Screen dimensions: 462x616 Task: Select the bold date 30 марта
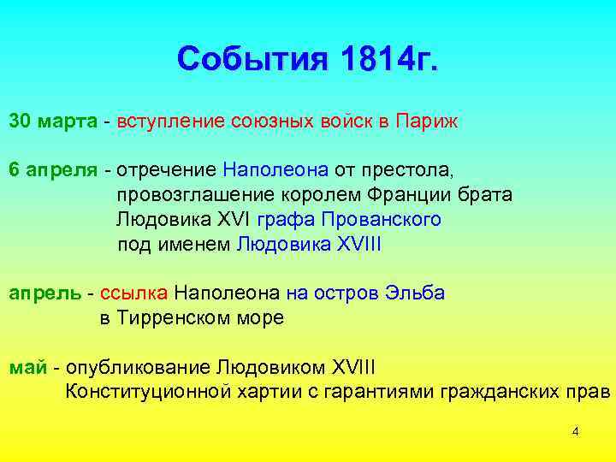pos(53,121)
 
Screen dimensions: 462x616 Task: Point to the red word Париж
pos(428,121)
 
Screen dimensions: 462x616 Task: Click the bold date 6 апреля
pos(53,169)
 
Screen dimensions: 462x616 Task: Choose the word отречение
pos(168,169)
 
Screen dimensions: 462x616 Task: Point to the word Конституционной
pos(148,392)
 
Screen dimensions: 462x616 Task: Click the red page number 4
pos(576,431)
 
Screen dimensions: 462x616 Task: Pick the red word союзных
pos(270,121)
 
